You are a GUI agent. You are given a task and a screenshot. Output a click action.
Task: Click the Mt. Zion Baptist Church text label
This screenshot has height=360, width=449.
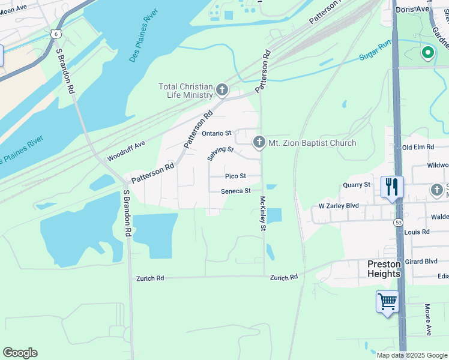312,143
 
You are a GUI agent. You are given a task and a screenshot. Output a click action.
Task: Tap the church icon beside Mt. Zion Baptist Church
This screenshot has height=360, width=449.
259,143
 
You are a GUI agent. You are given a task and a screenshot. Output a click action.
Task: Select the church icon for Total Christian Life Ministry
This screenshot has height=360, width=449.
222,91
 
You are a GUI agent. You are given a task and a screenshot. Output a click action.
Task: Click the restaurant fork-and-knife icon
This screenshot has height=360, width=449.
391,187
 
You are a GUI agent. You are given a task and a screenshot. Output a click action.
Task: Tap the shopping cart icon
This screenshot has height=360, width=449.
387,301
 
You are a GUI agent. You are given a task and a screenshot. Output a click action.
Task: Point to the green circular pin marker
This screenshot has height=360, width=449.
427,53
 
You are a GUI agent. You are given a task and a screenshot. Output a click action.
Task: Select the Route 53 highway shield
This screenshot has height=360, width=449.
399,223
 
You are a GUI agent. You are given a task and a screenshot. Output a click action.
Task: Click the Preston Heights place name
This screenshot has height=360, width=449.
384,269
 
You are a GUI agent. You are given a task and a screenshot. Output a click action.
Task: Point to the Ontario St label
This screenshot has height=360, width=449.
216,133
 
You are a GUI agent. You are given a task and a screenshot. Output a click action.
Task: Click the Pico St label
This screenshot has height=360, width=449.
235,176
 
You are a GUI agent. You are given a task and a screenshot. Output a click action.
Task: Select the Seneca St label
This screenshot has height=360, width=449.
235,191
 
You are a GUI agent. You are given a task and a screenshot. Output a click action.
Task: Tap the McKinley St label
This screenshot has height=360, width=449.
262,213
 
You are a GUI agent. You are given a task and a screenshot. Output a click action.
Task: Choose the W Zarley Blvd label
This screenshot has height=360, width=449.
339,206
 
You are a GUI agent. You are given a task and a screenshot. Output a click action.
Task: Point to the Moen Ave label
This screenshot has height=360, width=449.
14,8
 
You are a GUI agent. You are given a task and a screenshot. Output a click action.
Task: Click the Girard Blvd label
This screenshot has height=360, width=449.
421,262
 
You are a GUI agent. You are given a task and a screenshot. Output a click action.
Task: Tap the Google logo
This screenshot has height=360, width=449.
20,353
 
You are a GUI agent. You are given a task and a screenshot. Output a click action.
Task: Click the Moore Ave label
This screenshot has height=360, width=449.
428,320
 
